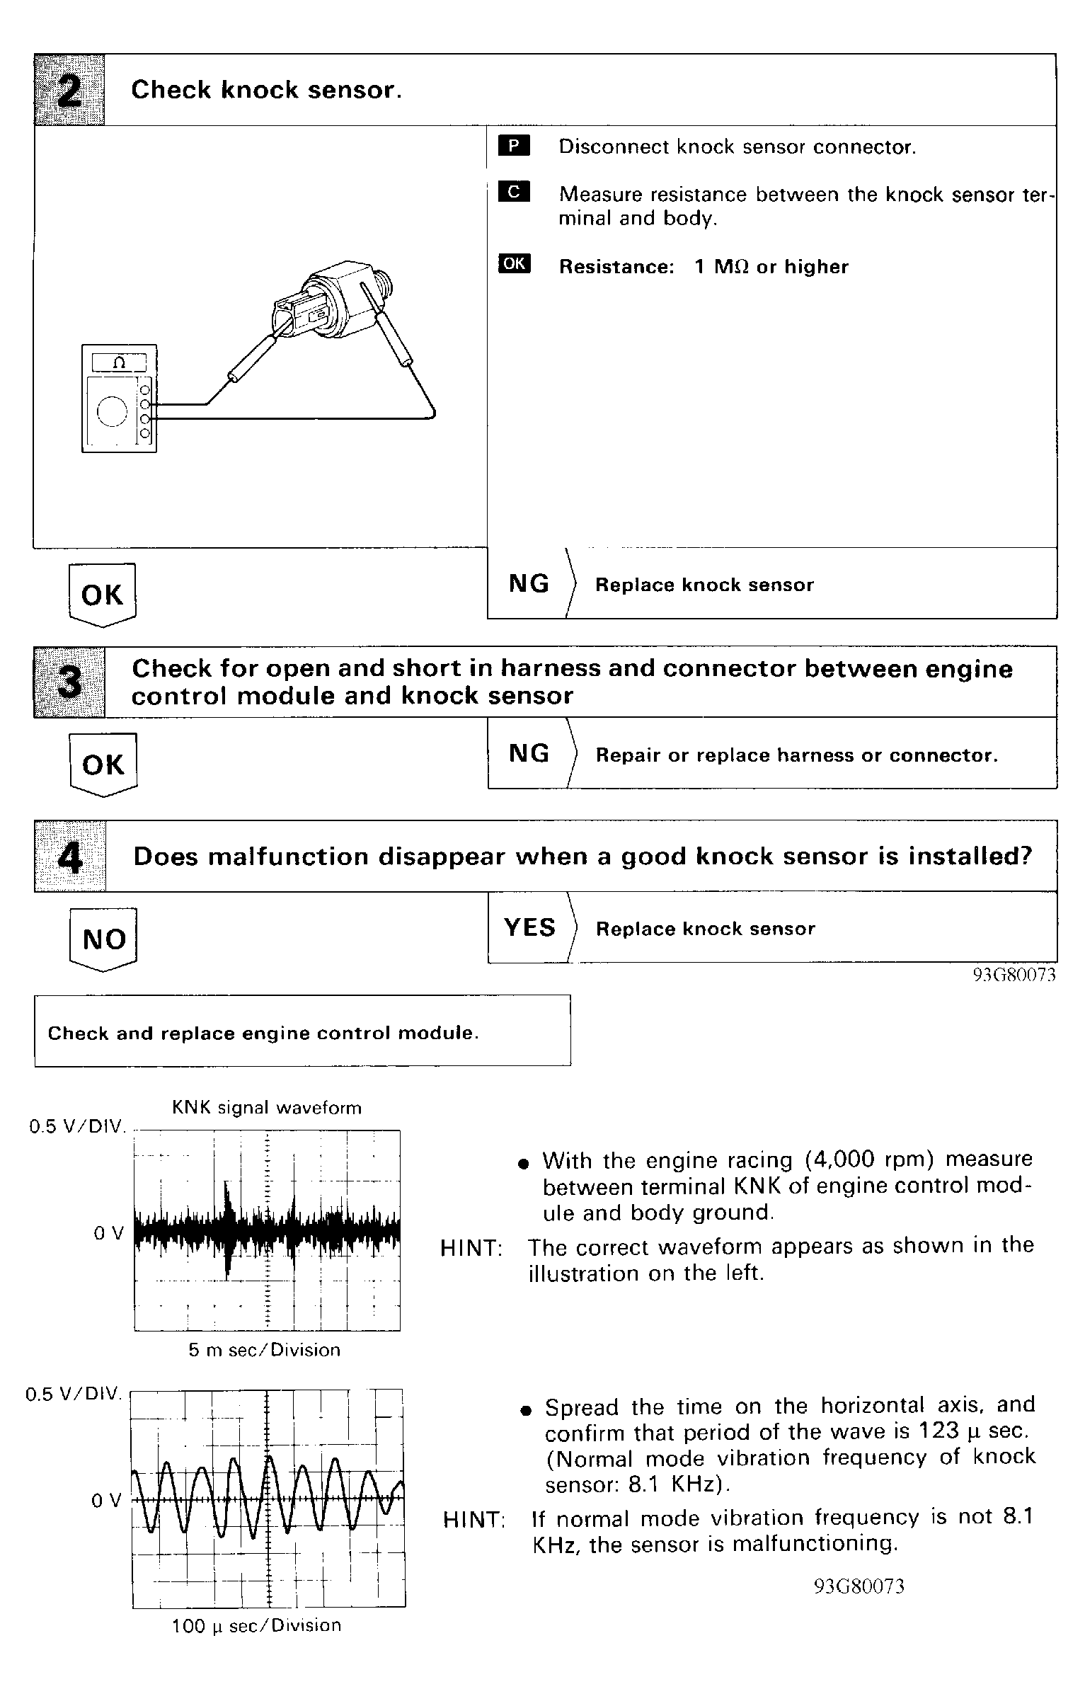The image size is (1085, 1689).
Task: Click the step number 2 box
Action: coord(69,91)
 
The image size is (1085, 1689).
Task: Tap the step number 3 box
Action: coord(69,682)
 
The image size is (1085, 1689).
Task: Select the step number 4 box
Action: coord(69,857)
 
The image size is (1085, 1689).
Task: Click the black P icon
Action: coord(514,147)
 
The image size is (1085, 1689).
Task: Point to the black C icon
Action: coord(514,192)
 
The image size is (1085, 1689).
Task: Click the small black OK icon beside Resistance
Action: coord(514,264)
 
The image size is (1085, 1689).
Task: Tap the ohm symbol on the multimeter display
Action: coord(119,362)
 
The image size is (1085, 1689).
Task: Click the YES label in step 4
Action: coord(529,927)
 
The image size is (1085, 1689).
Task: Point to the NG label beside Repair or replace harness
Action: coord(529,753)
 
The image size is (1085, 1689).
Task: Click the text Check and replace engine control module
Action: coord(263,1034)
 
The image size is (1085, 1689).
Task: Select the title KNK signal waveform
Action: coord(267,1108)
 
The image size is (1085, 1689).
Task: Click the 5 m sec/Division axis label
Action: coord(264,1350)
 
